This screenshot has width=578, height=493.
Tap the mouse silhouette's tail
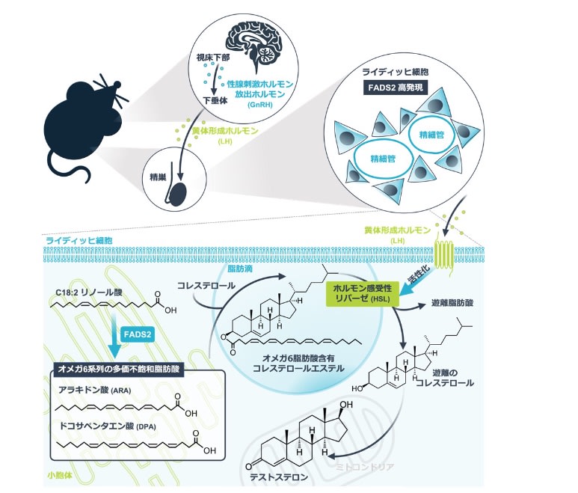[x=70, y=170]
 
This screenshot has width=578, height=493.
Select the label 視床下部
[x=212, y=58]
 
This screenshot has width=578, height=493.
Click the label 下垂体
[x=215, y=101]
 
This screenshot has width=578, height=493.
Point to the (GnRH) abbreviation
[x=260, y=105]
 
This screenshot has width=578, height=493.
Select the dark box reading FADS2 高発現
[x=396, y=88]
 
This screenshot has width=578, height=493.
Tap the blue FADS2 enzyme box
[x=138, y=334]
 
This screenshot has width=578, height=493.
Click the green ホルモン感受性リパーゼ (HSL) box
[x=363, y=293]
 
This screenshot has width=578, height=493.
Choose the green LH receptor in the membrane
[x=444, y=254]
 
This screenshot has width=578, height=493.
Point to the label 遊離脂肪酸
[x=452, y=303]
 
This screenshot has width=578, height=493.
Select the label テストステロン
[x=279, y=477]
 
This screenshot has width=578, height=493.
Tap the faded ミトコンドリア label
[x=365, y=467]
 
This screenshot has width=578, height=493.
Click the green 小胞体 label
[x=60, y=475]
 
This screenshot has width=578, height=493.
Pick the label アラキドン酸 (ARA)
[x=95, y=390]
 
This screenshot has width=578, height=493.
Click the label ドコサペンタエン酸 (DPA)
[x=108, y=426]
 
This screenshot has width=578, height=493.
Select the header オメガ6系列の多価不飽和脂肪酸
[x=119, y=369]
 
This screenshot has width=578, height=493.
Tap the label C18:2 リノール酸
[x=89, y=293]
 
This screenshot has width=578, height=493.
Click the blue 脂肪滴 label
[x=240, y=269]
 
